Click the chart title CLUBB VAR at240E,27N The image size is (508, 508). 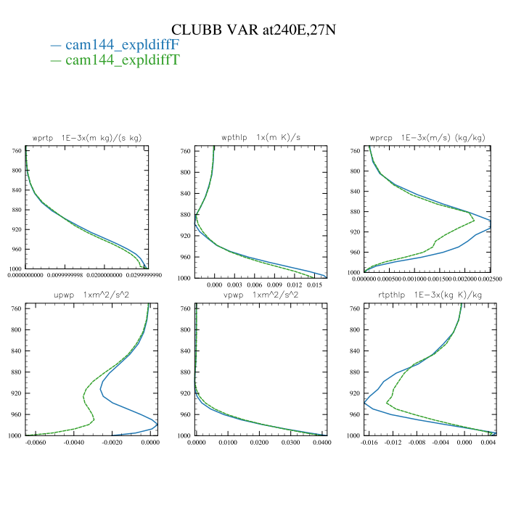(x=253, y=29)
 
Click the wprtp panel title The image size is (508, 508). (x=87, y=138)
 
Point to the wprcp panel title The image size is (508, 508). (x=425, y=138)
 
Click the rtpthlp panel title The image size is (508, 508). (x=425, y=295)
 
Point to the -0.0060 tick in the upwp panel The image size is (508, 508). (x=36, y=442)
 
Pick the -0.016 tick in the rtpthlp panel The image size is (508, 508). (x=370, y=442)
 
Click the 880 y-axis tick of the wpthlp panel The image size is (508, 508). (x=185, y=215)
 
